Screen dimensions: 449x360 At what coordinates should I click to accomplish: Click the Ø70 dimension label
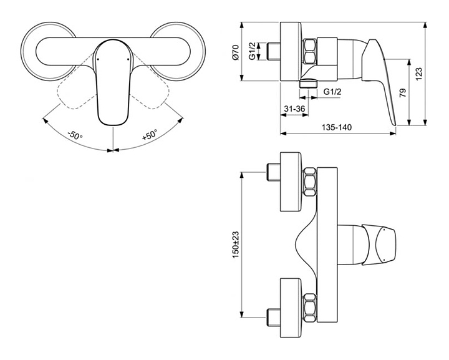click(236, 52)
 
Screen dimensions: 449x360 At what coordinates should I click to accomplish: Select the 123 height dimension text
click(419, 74)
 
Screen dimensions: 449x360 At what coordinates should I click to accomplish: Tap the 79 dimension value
click(403, 93)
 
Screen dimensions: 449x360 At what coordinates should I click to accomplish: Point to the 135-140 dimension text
click(337, 127)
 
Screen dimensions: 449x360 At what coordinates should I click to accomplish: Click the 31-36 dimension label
click(294, 109)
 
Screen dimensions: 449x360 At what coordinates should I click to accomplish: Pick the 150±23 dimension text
click(236, 245)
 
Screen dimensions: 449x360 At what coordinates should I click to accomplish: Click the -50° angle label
click(75, 135)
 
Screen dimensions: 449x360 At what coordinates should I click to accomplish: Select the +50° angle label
click(150, 134)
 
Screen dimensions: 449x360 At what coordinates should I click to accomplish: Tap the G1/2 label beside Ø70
click(252, 52)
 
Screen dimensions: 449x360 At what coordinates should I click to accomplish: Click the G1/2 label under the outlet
click(332, 92)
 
